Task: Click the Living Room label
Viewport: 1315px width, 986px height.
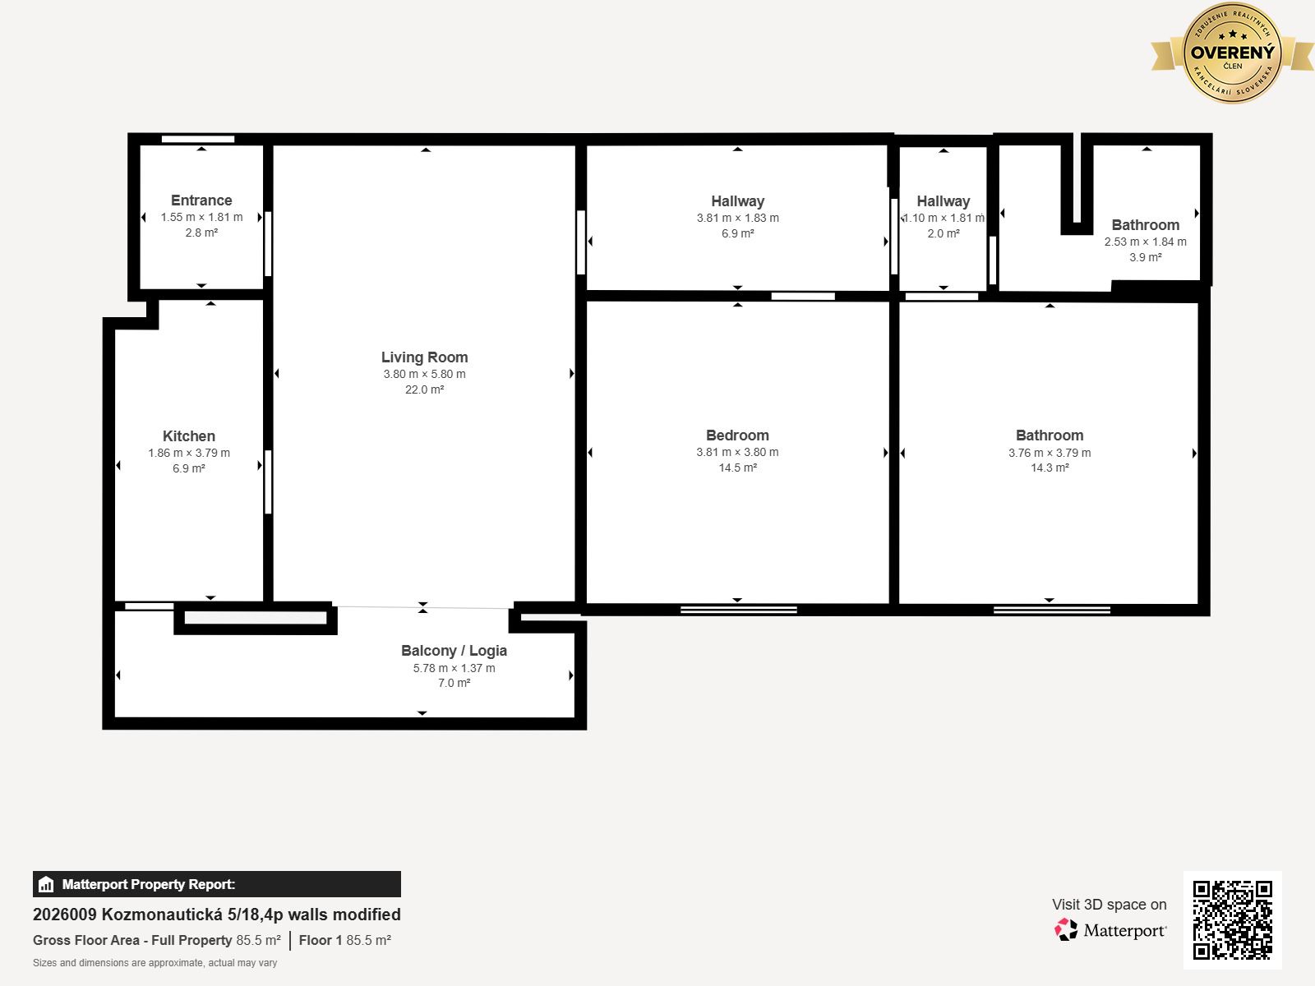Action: click(424, 357)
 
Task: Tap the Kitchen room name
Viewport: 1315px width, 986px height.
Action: click(189, 435)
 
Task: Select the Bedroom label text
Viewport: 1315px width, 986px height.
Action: click(737, 435)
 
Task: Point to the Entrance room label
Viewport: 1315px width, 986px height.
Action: click(201, 200)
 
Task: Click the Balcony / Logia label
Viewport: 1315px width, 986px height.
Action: click(454, 651)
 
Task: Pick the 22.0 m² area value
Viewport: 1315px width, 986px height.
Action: click(424, 389)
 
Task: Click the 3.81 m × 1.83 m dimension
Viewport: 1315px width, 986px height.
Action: click(737, 218)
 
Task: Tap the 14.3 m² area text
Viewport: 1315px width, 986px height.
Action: click(1050, 468)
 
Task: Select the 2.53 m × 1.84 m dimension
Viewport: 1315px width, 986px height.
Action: click(1146, 242)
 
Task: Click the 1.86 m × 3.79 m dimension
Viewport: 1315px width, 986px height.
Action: click(189, 453)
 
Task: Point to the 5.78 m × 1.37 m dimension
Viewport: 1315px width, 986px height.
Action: click(454, 668)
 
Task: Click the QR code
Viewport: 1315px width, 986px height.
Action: click(1232, 920)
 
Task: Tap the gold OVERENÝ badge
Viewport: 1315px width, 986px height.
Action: click(1232, 53)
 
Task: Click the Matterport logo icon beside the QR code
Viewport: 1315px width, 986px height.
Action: click(1066, 930)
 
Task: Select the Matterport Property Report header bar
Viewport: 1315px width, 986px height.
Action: click(217, 884)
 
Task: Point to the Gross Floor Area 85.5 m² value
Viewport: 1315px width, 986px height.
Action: click(258, 940)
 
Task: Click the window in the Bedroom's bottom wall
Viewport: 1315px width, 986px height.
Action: click(739, 610)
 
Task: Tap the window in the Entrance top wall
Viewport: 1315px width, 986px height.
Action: click(198, 139)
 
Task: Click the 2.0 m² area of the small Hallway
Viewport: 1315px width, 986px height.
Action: click(944, 233)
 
